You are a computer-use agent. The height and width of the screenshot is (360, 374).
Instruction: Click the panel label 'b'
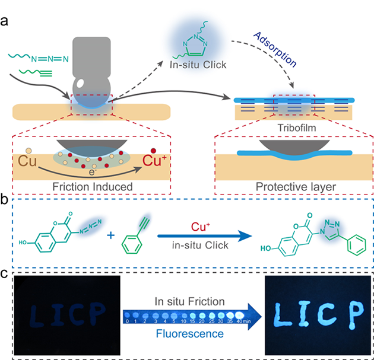5,200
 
